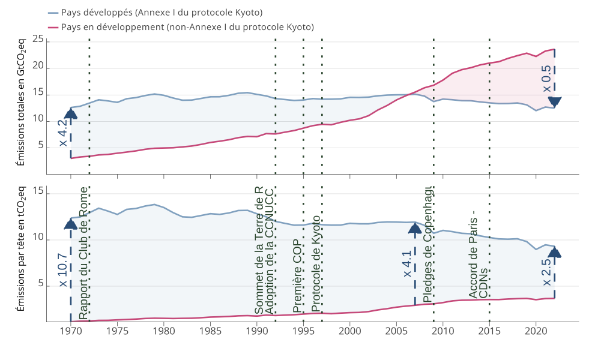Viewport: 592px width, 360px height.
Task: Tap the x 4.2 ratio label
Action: pos(63,133)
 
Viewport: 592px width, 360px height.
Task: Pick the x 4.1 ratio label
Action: pos(407,264)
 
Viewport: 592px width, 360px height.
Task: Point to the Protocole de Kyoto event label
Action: pos(316,265)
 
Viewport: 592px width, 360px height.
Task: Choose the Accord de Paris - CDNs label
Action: pos(479,263)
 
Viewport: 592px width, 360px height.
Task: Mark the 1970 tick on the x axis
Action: pos(71,331)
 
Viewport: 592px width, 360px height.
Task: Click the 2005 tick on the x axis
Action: pos(396,331)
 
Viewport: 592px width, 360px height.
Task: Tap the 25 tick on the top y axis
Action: pos(38,40)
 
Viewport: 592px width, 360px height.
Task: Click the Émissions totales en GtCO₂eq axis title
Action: pos(21,101)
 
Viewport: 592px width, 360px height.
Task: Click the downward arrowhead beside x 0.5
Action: pos(555,102)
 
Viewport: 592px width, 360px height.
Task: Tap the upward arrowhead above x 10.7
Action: pos(71,224)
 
